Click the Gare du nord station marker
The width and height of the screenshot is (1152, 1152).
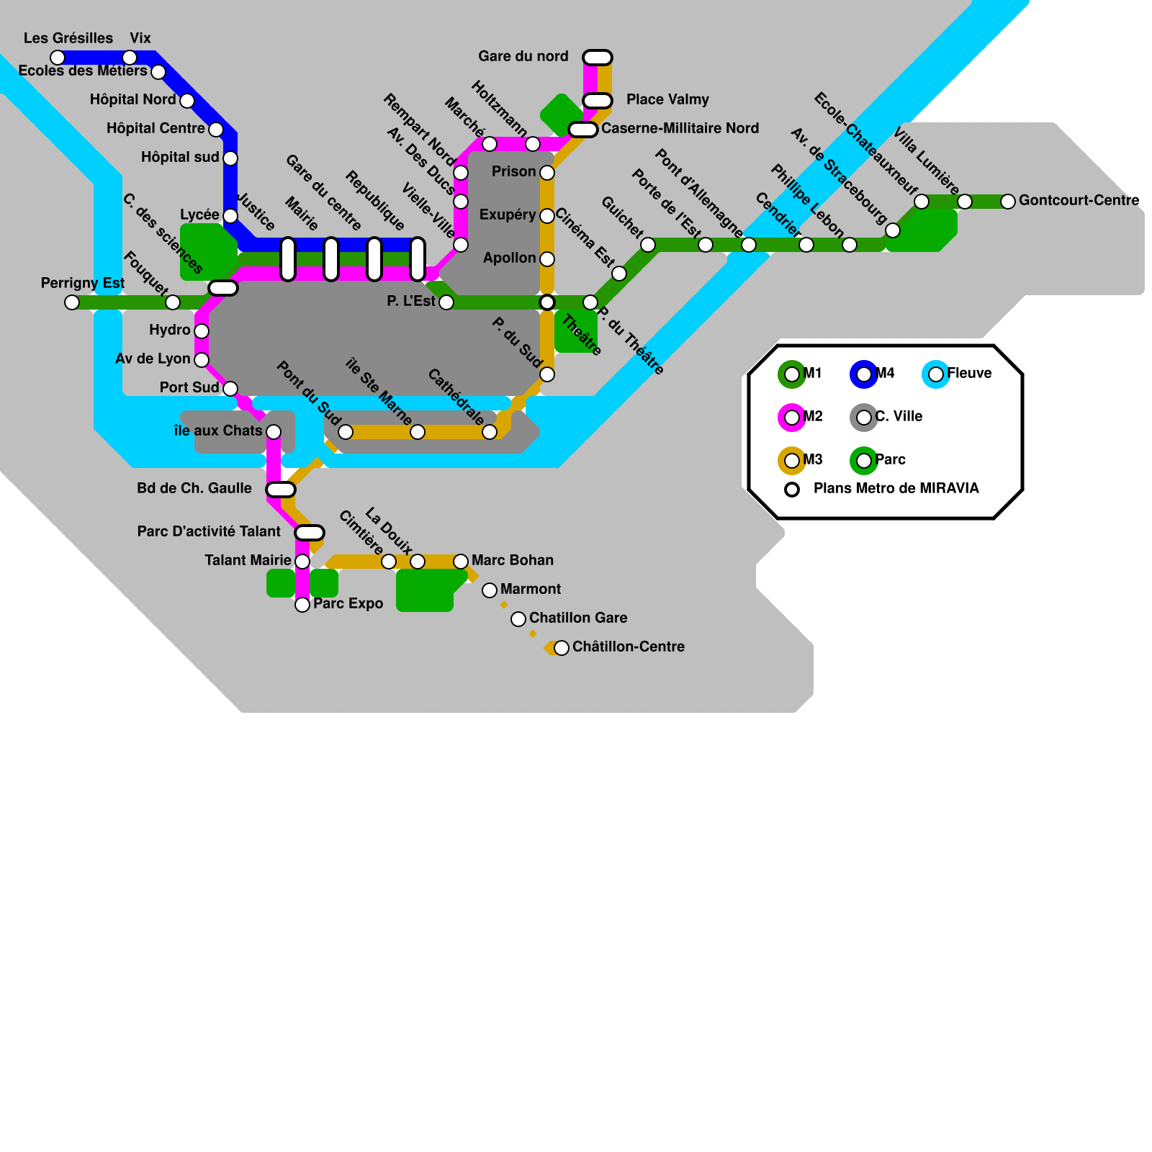[598, 58]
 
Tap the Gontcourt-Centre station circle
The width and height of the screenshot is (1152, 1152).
[1008, 202]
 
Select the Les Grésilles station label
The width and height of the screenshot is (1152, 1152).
[68, 38]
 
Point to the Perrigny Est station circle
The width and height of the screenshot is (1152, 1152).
[72, 302]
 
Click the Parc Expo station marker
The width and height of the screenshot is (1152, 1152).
[302, 605]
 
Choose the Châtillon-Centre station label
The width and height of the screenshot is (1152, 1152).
[628, 647]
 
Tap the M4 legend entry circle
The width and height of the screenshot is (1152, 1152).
[864, 374]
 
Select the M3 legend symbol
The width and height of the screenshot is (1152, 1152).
[792, 461]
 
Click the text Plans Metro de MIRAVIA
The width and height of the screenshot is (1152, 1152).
[896, 488]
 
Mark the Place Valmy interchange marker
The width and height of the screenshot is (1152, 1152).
[598, 101]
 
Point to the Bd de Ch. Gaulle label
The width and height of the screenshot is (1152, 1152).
[194, 488]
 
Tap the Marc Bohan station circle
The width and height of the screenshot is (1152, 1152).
[461, 562]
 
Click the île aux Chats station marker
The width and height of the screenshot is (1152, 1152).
[274, 432]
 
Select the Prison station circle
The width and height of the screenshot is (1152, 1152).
[547, 173]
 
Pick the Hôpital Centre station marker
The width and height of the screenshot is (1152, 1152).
[216, 130]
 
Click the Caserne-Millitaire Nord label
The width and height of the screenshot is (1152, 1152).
[680, 128]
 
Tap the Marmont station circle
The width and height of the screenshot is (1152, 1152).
[490, 590]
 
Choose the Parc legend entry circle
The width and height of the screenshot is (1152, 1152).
[864, 461]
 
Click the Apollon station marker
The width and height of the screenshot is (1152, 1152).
[547, 259]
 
